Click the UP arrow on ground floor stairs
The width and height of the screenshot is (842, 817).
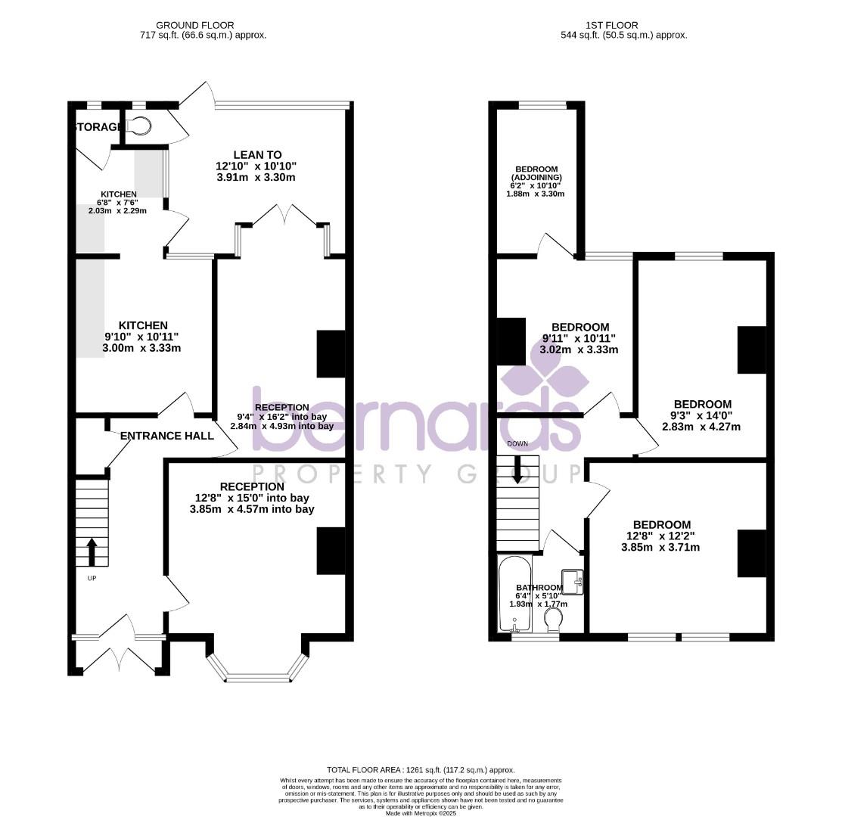[92, 552]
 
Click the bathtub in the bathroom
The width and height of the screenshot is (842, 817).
[515, 595]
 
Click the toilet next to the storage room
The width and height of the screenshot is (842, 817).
[140, 126]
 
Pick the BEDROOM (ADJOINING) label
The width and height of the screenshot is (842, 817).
[536, 173]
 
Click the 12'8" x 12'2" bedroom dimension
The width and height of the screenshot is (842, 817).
[662, 536]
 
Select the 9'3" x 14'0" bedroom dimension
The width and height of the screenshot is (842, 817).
[701, 415]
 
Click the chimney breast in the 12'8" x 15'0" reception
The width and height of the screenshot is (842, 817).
[331, 551]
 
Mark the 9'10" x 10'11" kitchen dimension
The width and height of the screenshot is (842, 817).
[141, 337]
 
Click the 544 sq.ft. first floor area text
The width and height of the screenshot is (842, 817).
[624, 35]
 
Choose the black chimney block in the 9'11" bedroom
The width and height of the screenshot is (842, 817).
[511, 342]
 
